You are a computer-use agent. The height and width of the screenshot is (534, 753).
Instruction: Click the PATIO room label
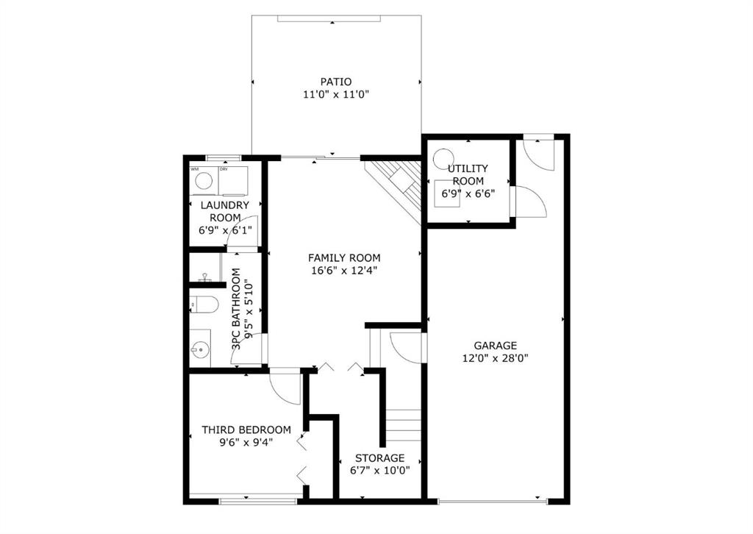click(x=335, y=82)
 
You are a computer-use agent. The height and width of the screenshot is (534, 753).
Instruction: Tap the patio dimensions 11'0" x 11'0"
click(x=335, y=95)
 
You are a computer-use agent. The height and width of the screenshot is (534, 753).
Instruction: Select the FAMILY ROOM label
click(x=344, y=258)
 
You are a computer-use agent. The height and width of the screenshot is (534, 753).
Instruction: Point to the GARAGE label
click(x=495, y=345)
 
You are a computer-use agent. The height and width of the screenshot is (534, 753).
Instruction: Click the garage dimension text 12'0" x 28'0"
click(x=495, y=358)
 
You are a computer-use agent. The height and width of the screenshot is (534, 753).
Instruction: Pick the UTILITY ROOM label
click(x=468, y=175)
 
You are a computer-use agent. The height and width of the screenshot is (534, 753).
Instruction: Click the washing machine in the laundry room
click(x=204, y=181)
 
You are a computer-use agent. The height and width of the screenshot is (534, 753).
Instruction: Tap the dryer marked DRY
click(x=233, y=181)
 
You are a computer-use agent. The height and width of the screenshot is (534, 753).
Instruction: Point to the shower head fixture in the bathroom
click(x=205, y=277)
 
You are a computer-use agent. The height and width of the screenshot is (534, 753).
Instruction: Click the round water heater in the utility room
click(x=443, y=158)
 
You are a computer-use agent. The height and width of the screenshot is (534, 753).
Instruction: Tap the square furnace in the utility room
click(x=446, y=193)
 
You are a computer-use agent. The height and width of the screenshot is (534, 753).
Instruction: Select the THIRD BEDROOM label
click(x=246, y=430)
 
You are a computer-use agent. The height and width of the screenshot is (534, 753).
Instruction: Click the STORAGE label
click(x=380, y=458)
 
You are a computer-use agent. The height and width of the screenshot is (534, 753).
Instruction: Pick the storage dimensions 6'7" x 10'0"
click(x=380, y=470)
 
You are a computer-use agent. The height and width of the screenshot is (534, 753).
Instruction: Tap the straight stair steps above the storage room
click(x=404, y=425)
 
